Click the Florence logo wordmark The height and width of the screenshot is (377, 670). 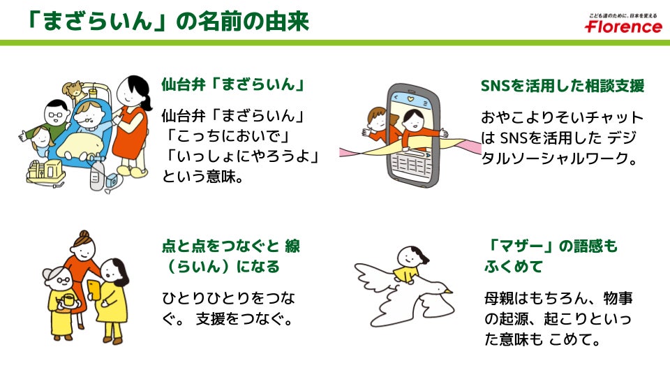[x=623, y=27]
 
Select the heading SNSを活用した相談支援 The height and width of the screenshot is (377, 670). [x=562, y=86]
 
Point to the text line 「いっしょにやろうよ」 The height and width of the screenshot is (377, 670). [x=241, y=156]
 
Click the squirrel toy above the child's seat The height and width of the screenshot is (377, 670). [x=73, y=89]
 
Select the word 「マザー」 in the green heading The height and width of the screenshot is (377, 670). [x=517, y=246]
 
